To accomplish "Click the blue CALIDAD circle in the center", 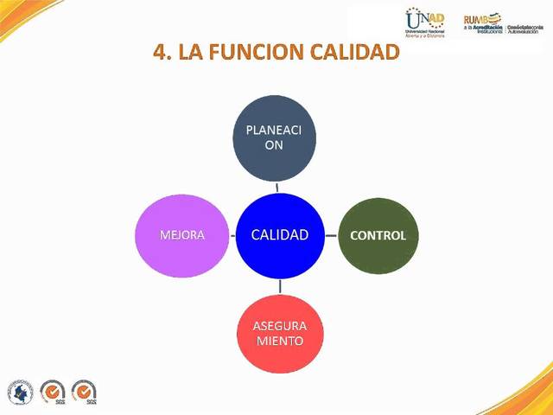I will [279, 235].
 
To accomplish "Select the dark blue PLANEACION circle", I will [275, 137].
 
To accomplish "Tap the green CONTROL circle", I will [378, 235].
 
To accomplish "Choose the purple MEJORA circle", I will [181, 235].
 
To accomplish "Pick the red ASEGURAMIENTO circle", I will [279, 333].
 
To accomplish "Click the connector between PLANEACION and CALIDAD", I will [276, 186].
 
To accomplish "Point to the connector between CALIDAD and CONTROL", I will [330, 235].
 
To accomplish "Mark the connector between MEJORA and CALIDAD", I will [232, 235].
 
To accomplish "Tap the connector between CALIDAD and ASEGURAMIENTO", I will [279, 287].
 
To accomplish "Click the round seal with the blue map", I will [20, 393].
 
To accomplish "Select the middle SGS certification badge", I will [53, 393].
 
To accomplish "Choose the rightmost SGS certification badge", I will [85, 393].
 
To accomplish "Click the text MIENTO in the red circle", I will [279, 341].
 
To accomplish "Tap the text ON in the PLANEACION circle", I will [274, 145].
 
